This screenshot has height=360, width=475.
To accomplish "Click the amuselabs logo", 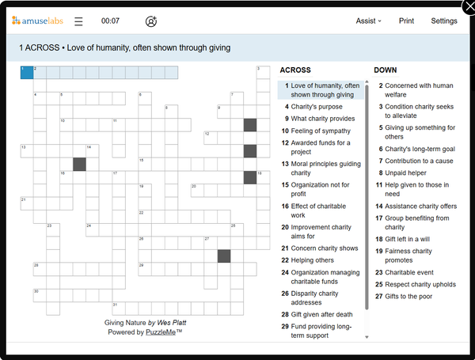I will click(x=37, y=21).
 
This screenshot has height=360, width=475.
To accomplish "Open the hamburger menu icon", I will click(x=78, y=21).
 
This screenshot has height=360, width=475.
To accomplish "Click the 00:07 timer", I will click(x=111, y=21).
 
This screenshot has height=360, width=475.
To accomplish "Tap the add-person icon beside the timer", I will click(x=151, y=21).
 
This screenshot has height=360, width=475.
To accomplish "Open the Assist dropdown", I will click(x=368, y=21).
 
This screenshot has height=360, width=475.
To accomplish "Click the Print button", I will click(x=406, y=21).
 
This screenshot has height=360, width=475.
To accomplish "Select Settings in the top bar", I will click(x=443, y=21).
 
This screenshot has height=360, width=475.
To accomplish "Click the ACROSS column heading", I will click(x=295, y=70).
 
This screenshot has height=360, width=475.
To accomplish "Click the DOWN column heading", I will click(x=386, y=70).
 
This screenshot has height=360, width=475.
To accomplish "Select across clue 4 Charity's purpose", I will click(x=317, y=107).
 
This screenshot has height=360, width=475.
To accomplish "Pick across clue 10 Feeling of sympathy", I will click(x=320, y=131).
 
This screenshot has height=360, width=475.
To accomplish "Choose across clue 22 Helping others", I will click(x=312, y=260).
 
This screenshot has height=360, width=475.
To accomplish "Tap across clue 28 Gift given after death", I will click(x=321, y=314).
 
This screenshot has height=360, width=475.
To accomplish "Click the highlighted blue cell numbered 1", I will click(x=26, y=73).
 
